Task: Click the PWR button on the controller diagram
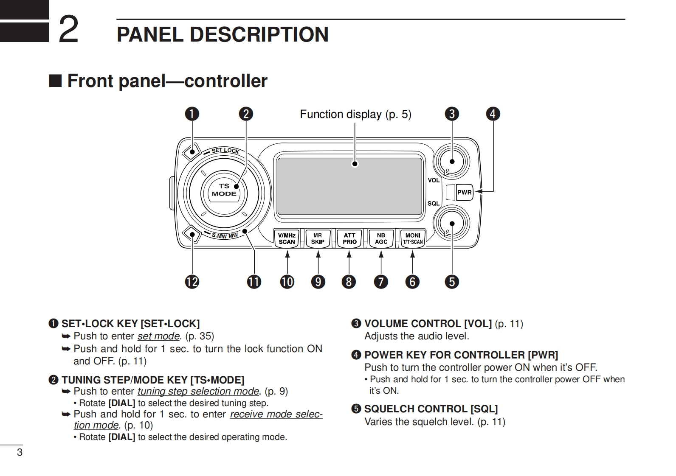464,192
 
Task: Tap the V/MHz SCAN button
287,238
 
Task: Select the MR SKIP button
318,238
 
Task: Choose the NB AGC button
381,238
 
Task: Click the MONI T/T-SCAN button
413,238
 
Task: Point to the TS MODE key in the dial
224,190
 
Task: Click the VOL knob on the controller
451,161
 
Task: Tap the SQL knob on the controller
451,224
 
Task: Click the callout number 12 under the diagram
192,282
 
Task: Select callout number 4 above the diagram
493,114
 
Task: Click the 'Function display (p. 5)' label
355,114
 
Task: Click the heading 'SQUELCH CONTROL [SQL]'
431,409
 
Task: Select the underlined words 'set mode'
158,336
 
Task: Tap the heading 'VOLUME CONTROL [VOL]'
428,324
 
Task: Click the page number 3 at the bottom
20,452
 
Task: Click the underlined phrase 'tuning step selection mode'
198,391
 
